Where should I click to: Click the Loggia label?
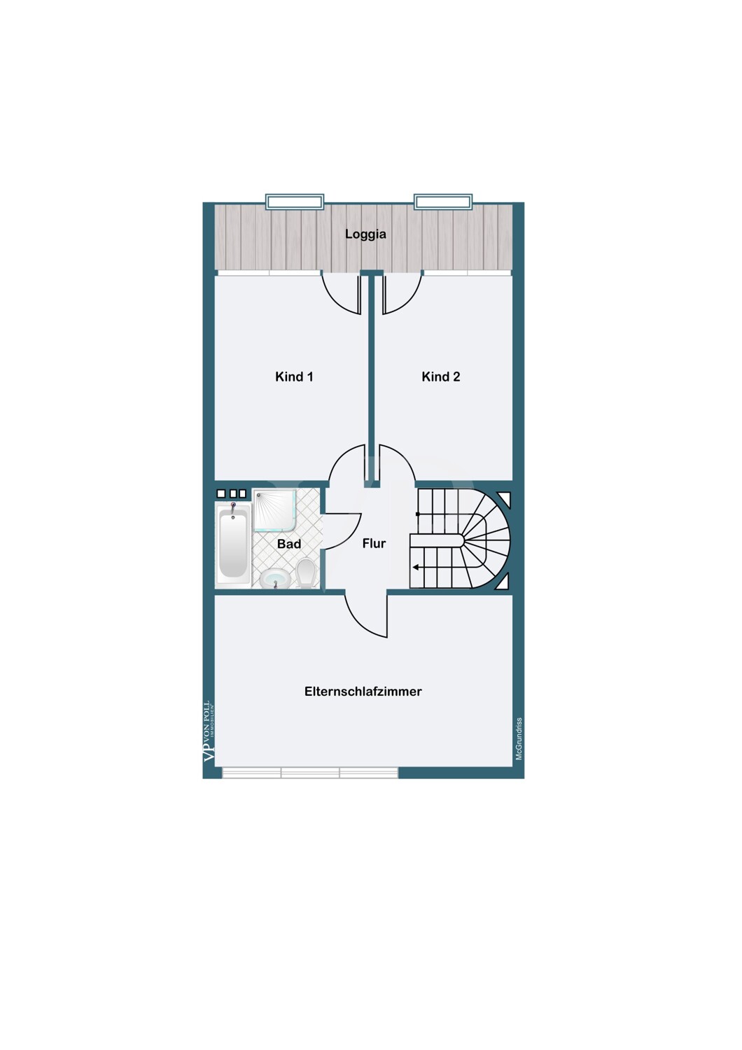(365, 234)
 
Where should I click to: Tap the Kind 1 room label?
(294, 377)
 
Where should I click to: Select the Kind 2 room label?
(440, 377)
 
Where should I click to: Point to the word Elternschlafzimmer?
(363, 692)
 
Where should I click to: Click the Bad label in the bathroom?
(288, 544)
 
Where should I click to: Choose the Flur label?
(374, 543)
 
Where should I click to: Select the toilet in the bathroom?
(305, 573)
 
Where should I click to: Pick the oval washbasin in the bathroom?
(275, 578)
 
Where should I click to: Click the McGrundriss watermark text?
(519, 738)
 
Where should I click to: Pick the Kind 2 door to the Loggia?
(404, 299)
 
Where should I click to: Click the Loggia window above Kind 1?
(295, 202)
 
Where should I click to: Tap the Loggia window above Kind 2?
(443, 202)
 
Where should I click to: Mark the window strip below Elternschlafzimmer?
(310, 773)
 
